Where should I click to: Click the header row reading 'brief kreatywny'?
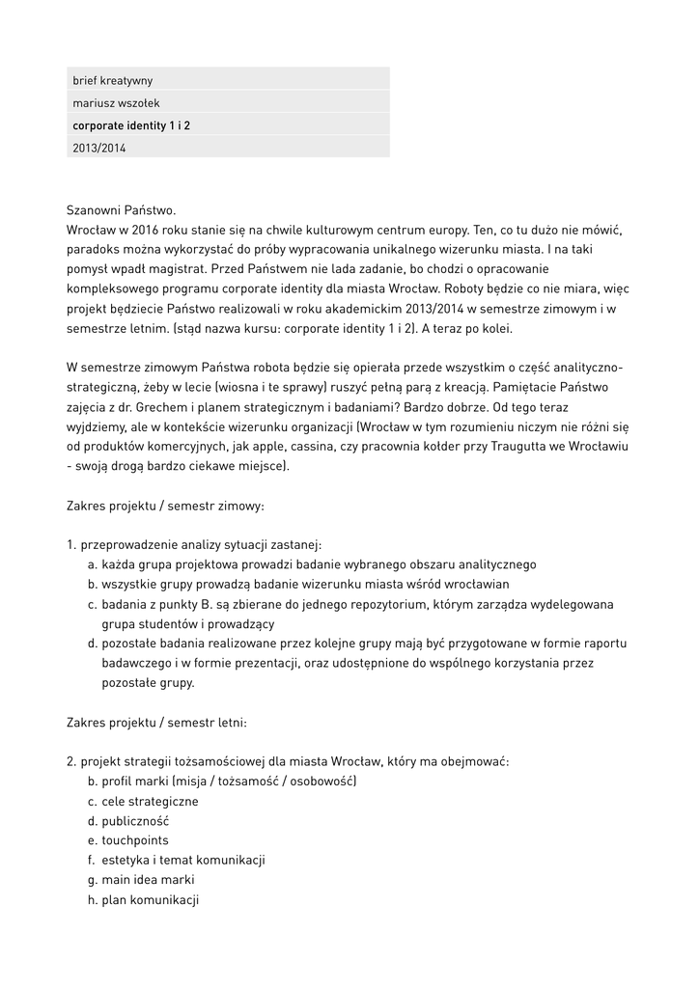(x=112, y=80)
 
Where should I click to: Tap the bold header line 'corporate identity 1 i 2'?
(x=131, y=125)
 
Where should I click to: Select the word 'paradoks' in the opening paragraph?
(x=93, y=249)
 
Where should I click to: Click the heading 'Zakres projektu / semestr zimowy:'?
(x=165, y=506)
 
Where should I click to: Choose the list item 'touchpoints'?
(x=135, y=840)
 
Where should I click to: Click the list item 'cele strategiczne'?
(x=150, y=801)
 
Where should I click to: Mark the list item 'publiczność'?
(x=135, y=821)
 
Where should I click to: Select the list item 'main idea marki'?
(x=148, y=880)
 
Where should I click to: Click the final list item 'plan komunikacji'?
(x=150, y=900)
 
